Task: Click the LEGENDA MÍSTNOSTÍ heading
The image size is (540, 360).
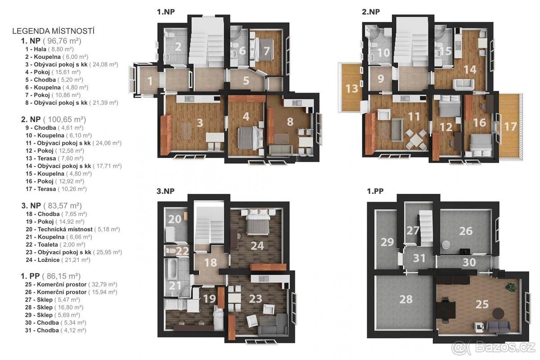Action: point(53,31)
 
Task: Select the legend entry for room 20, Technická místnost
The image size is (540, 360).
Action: point(73,229)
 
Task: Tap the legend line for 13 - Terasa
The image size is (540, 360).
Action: point(54,158)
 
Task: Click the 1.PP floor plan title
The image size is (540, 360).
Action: point(375,191)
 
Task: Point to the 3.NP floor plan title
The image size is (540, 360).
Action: point(166,191)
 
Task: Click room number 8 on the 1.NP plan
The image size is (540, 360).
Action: point(290,122)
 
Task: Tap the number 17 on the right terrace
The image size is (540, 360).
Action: point(511,126)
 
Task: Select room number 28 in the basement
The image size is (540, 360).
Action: point(406,299)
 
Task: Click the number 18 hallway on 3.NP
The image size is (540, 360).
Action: point(211,263)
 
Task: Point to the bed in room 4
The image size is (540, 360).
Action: point(251,139)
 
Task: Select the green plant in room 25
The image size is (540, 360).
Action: point(511,287)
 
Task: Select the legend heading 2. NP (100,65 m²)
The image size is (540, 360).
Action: point(54,119)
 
